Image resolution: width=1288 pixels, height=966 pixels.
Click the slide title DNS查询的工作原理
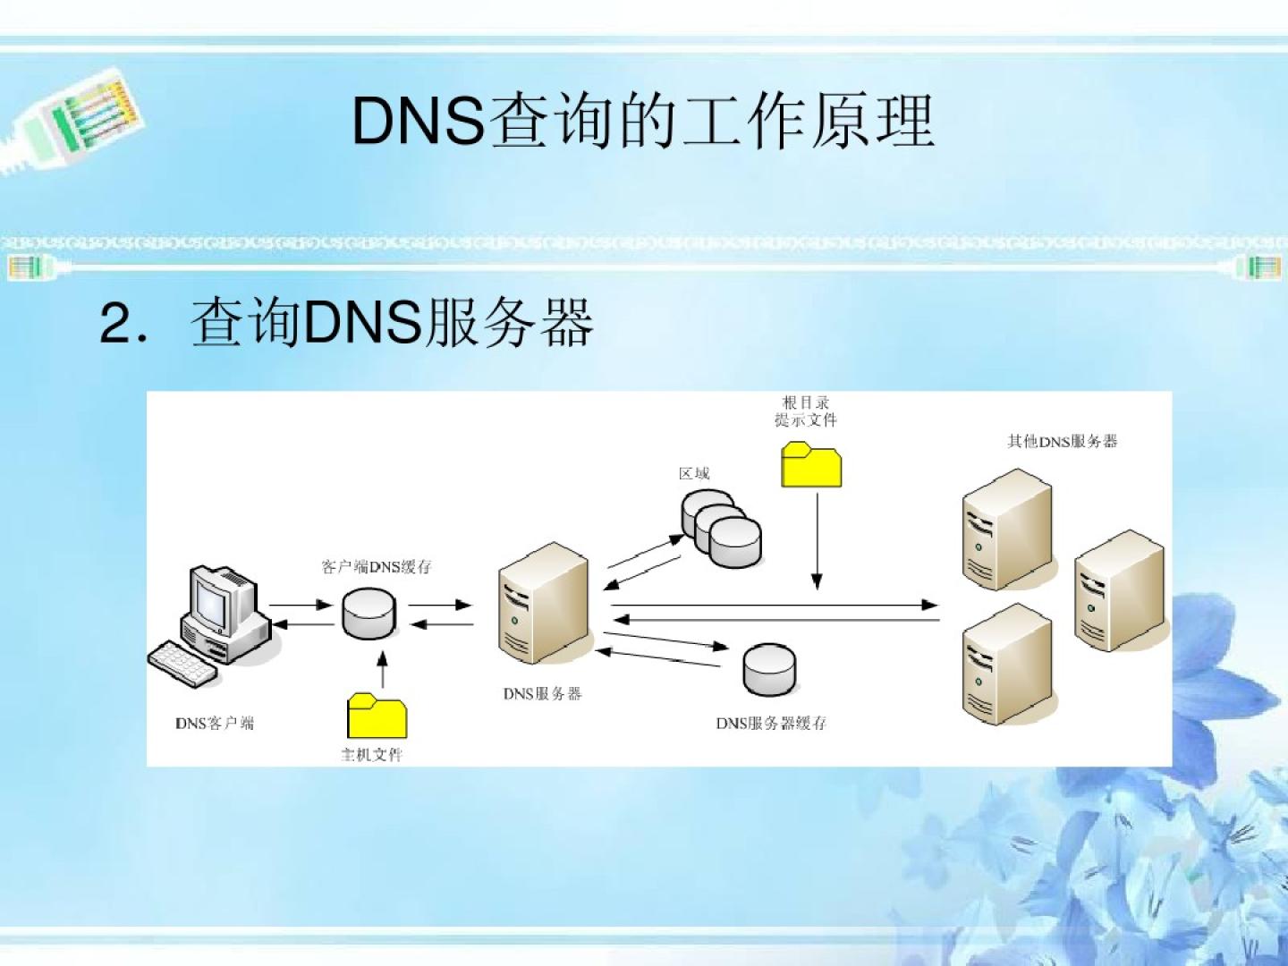pos(642,121)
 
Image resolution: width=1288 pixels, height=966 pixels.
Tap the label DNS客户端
pos(215,723)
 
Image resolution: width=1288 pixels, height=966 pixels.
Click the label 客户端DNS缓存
pos(377,566)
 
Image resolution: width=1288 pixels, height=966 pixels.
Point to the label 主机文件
pos(372,755)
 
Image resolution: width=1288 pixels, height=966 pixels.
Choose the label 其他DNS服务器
pos(1063,441)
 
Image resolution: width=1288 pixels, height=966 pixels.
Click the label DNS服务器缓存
pos(771,723)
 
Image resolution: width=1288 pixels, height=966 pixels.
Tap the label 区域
pos(694,473)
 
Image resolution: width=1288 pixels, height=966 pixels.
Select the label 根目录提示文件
pos(807,411)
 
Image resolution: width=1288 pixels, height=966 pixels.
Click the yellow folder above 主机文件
pos(377,716)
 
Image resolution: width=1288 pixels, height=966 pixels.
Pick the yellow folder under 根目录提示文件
pos(811,465)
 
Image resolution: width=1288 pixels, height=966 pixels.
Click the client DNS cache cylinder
pos(369,612)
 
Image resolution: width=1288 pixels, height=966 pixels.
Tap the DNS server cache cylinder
pos(769,668)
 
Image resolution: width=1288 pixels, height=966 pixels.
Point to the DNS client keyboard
pos(183,663)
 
